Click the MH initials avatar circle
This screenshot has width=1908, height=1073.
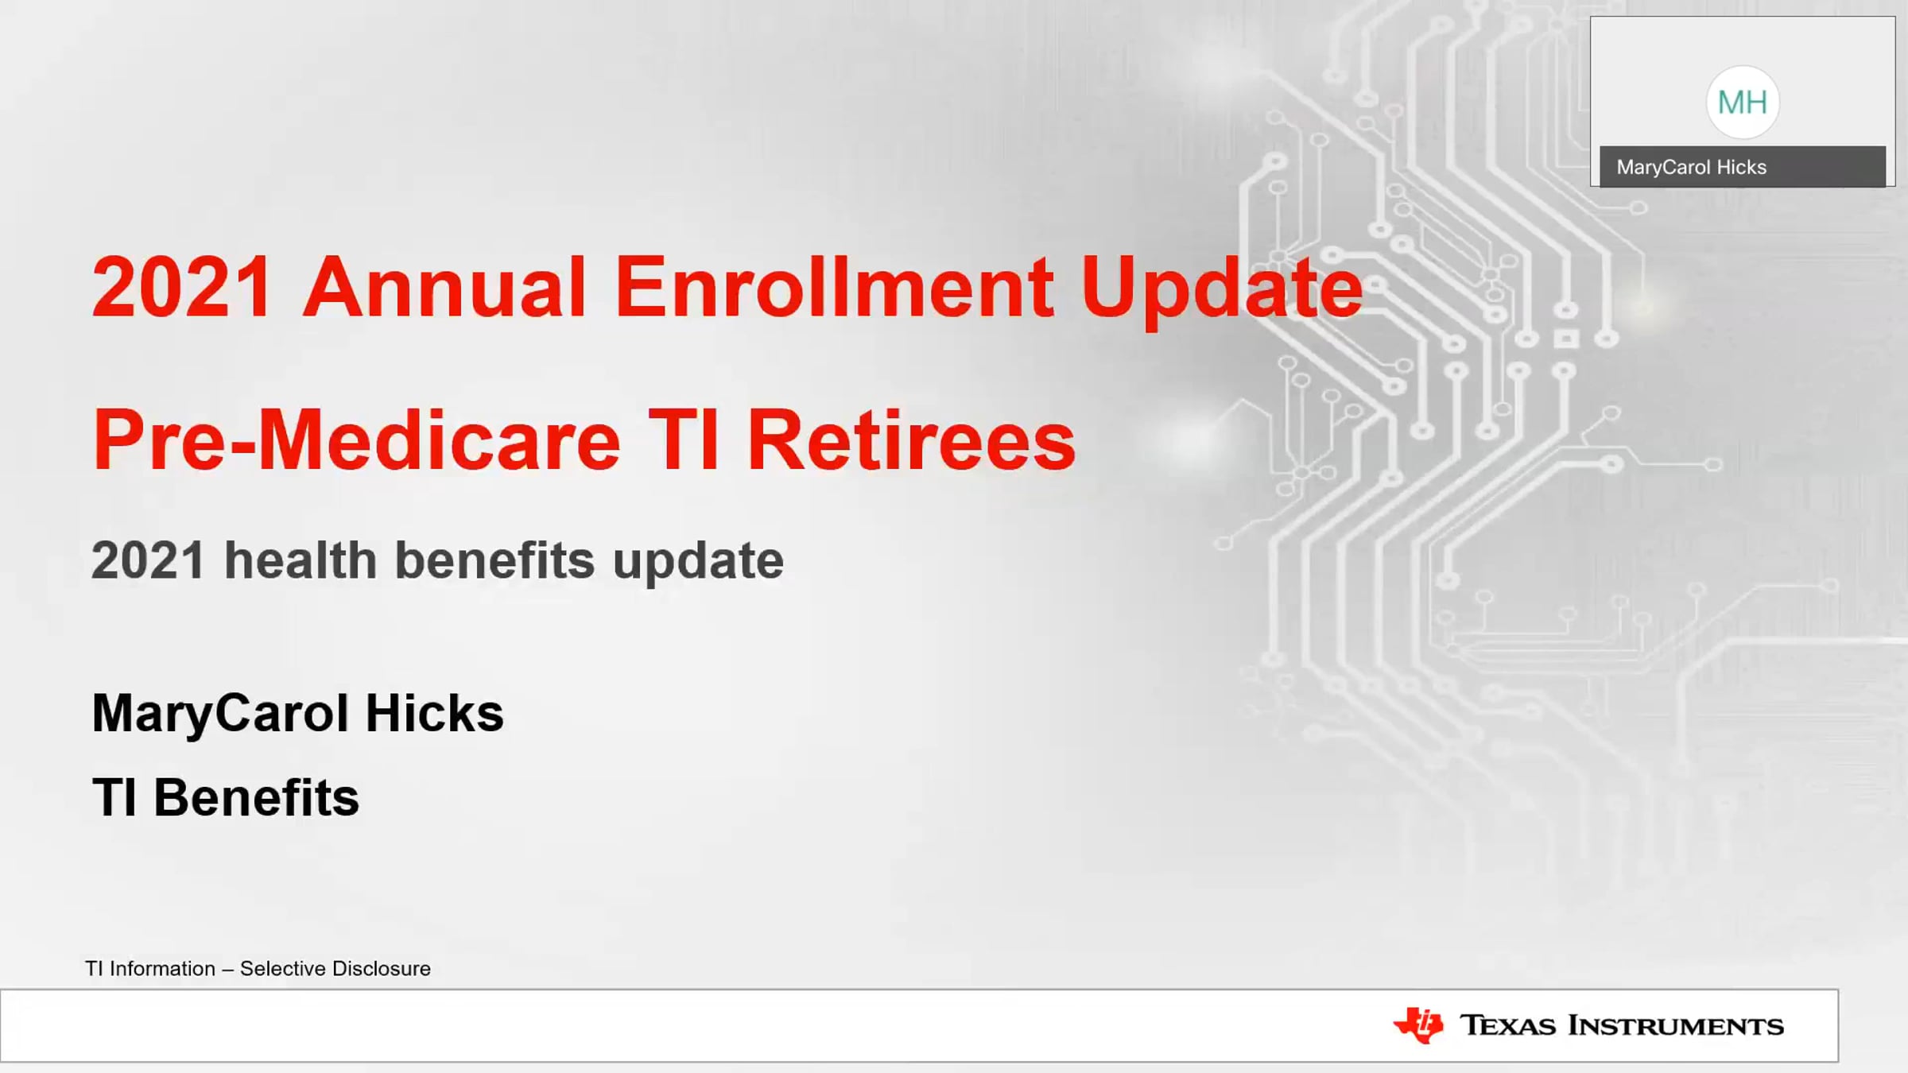click(x=1742, y=103)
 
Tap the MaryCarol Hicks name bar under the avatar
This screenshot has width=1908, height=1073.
click(x=1742, y=167)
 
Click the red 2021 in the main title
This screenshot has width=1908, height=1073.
click(x=182, y=287)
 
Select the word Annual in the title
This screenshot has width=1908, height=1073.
click(x=444, y=287)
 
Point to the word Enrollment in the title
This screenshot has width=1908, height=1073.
click(x=835, y=287)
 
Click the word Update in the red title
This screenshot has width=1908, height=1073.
click(x=1222, y=292)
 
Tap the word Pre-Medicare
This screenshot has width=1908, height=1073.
click(x=356, y=440)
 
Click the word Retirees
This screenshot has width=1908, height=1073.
click(x=912, y=440)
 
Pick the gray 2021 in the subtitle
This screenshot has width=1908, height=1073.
click(x=149, y=560)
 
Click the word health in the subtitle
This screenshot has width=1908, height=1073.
click(x=301, y=560)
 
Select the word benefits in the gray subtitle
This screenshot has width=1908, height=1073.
click(x=494, y=560)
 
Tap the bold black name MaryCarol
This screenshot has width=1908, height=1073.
click(x=220, y=715)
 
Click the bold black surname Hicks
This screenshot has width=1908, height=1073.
click(x=435, y=713)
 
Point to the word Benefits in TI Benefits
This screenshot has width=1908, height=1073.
click(x=256, y=797)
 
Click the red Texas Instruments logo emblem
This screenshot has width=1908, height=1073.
click(x=1418, y=1025)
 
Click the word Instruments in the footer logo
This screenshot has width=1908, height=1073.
click(x=1676, y=1026)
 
